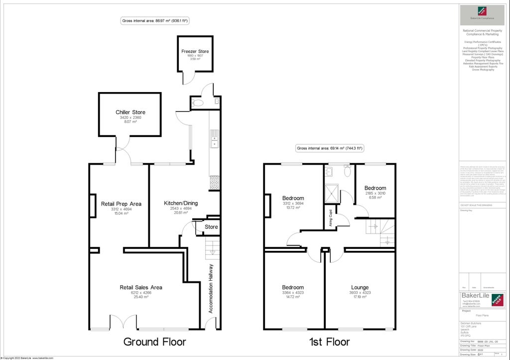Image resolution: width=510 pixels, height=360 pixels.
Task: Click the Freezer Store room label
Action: click(195, 51)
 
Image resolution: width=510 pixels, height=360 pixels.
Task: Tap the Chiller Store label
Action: click(130, 113)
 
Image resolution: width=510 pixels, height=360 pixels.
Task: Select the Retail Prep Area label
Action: click(121, 204)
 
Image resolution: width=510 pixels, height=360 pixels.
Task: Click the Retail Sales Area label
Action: click(141, 287)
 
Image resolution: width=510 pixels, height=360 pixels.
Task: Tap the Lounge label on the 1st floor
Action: click(360, 287)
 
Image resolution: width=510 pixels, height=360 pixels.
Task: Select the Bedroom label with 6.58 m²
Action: click(375, 188)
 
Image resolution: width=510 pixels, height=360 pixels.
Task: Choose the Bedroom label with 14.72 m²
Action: click(293, 287)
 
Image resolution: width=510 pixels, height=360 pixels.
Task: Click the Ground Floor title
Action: click(154, 342)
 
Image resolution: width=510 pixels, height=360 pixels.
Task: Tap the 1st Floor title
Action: click(329, 342)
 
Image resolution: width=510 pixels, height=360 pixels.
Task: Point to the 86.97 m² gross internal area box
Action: click(154, 21)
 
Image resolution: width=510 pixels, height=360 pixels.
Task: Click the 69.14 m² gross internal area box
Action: click(330, 148)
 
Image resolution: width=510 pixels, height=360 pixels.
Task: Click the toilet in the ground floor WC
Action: click(198, 103)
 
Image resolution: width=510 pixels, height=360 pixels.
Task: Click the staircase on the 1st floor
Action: click(381, 232)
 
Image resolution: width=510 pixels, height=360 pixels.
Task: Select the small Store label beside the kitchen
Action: click(212, 227)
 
